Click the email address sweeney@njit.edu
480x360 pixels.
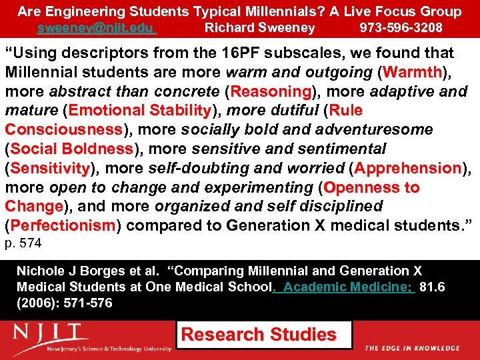[96, 28]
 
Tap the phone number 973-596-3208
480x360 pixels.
[400, 28]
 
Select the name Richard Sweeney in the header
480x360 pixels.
[259, 28]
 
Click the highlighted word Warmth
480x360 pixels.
[411, 72]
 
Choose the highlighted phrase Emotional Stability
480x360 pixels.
[139, 110]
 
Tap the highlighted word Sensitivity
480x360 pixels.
[50, 168]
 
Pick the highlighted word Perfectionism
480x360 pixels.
[63, 226]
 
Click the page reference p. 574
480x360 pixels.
[23, 244]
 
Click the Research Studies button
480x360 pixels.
[259, 335]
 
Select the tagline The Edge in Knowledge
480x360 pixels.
[412, 348]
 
